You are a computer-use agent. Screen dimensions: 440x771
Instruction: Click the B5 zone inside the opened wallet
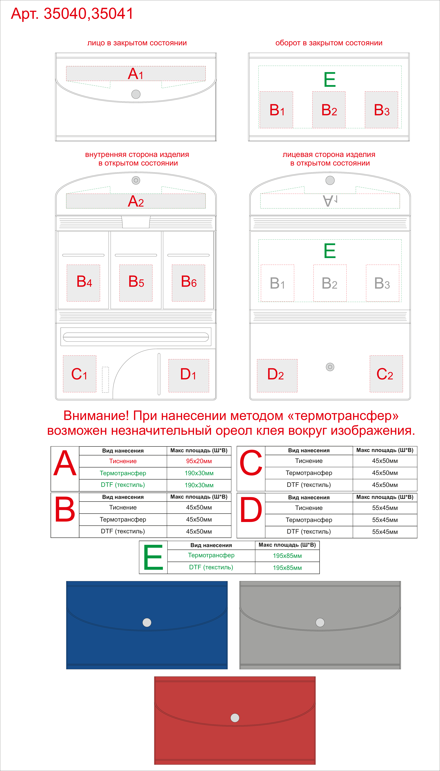pyautogui.click(x=136, y=283)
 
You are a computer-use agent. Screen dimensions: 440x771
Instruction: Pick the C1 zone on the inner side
pyautogui.click(x=80, y=374)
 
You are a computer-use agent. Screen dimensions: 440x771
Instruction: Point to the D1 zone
pyautogui.click(x=189, y=376)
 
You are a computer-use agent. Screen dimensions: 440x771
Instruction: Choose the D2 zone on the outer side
pyautogui.click(x=277, y=376)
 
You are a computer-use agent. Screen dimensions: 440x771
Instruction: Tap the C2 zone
pyautogui.click(x=386, y=374)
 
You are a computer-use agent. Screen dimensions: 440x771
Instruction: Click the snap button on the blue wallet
pyautogui.click(x=147, y=622)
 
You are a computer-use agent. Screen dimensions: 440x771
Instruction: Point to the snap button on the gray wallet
pyautogui.click(x=320, y=622)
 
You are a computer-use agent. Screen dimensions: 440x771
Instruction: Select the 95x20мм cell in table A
pyautogui.click(x=199, y=461)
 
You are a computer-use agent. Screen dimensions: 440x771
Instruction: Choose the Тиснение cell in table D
pyautogui.click(x=309, y=508)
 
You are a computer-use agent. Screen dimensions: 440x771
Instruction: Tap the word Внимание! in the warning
pyautogui.click(x=96, y=416)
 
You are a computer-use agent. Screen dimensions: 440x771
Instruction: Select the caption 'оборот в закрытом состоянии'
pyautogui.click(x=329, y=43)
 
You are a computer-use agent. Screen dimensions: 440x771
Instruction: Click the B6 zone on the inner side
pyautogui.click(x=189, y=283)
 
